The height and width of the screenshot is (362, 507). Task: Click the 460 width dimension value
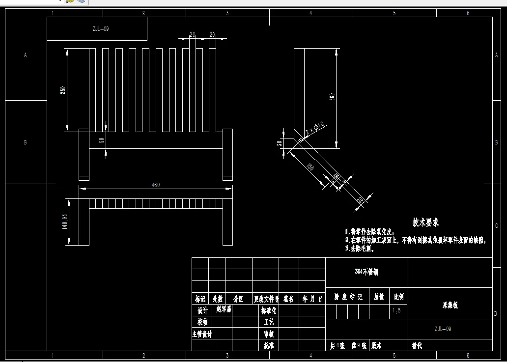click(x=156, y=185)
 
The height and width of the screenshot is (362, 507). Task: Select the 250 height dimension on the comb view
click(x=63, y=90)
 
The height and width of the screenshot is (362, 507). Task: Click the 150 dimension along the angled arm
click(x=310, y=167)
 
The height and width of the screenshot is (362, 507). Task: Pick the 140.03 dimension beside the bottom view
click(x=64, y=222)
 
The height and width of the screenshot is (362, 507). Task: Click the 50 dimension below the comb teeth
click(x=102, y=140)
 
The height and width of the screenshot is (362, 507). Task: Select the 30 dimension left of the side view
click(x=280, y=143)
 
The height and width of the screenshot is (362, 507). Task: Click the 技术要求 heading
click(x=425, y=223)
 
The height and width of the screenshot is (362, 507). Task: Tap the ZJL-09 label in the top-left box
click(x=100, y=29)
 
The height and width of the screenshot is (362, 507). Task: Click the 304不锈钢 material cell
click(x=366, y=271)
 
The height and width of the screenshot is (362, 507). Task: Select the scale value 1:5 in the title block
click(x=397, y=311)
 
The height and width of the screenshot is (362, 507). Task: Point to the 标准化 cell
click(x=268, y=311)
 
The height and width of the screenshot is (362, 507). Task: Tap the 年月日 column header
click(x=312, y=298)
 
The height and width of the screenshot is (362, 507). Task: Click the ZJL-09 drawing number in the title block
click(x=442, y=329)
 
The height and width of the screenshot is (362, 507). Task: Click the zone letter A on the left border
click(x=26, y=56)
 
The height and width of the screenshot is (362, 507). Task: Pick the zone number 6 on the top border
click(x=468, y=13)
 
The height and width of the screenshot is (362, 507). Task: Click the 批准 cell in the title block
click(x=268, y=345)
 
